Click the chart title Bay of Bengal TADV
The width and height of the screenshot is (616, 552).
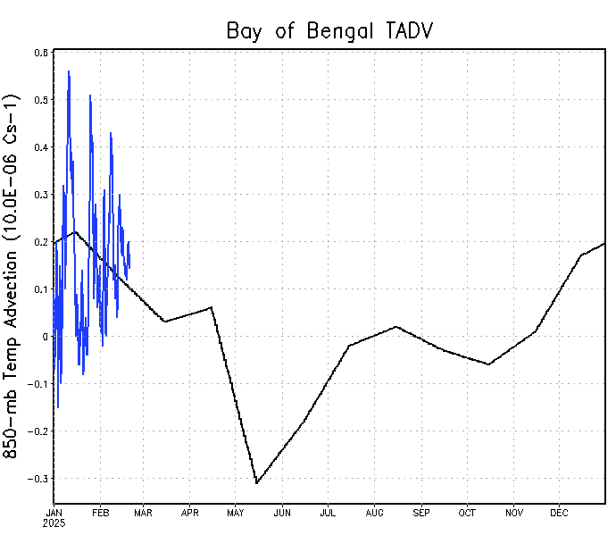coord(329,32)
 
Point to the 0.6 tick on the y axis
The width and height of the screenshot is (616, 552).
coord(41,53)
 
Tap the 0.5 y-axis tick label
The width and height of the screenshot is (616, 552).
coord(41,100)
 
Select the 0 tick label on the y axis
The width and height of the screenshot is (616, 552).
coord(45,337)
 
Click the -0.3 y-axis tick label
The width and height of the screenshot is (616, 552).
coord(38,479)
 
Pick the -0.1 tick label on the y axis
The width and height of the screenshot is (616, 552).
coord(38,384)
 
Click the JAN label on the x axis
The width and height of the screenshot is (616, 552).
coord(54,513)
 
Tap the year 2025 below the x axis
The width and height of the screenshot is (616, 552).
coord(54,523)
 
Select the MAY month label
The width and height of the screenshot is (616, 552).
coord(236,513)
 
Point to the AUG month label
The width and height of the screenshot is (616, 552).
coord(374,513)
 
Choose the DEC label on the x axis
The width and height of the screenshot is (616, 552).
coord(559,513)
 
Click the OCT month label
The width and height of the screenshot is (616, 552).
coord(467,513)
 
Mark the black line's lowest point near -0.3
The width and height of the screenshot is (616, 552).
coord(256,483)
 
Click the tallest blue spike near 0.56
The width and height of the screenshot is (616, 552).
coord(69,71)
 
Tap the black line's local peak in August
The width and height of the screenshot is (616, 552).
coord(395,327)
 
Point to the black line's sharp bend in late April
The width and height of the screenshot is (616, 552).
coord(212,307)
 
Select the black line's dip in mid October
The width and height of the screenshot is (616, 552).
coord(489,364)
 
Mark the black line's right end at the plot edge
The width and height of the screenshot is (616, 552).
coord(605,243)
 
